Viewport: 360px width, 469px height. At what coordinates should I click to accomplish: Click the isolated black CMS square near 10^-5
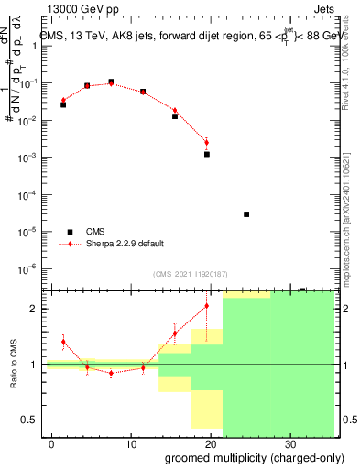246,214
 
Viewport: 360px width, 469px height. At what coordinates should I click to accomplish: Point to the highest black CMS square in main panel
111,82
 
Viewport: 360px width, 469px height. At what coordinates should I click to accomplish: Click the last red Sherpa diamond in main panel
207,142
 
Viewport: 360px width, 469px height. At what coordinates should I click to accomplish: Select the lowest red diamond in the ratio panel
111,373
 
